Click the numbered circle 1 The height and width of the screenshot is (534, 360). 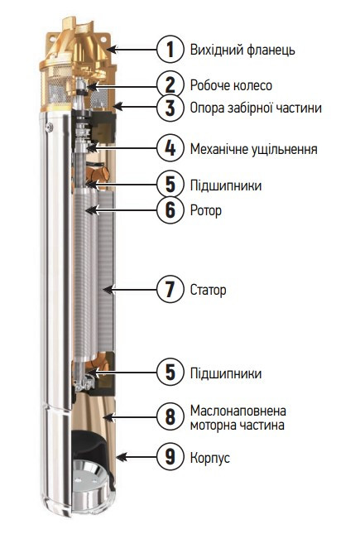click(170, 49)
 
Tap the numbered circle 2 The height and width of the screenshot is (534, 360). click(170, 84)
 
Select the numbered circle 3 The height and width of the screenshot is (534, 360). click(170, 107)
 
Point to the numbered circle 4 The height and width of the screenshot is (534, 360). click(170, 148)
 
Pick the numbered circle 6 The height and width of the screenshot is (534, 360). click(170, 210)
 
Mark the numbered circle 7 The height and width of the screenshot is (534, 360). click(170, 290)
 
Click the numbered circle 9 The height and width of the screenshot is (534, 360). click(170, 456)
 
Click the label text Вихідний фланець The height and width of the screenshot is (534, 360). click(242, 50)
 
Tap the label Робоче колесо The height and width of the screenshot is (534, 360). click(230, 85)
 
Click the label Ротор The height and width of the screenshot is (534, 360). click(205, 211)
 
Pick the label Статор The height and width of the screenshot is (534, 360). click(208, 291)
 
